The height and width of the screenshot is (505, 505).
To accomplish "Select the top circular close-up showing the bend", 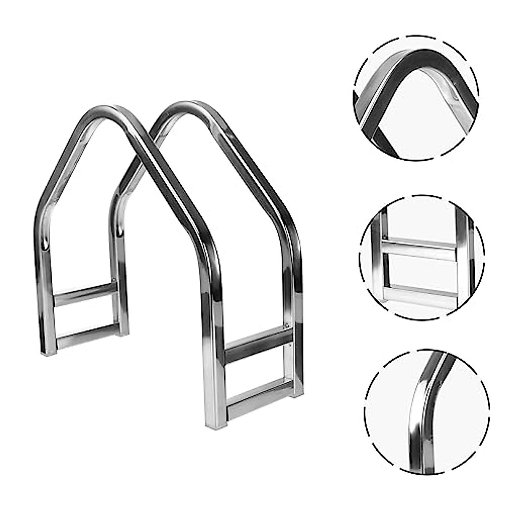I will coord(416,98).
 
